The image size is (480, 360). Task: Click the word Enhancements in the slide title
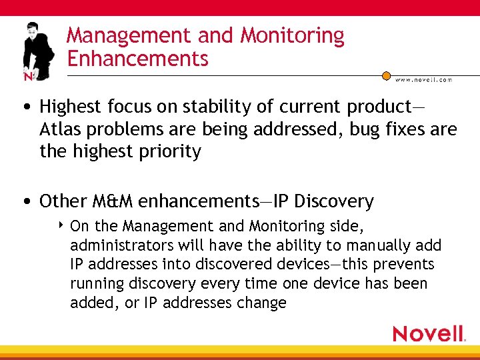(x=138, y=59)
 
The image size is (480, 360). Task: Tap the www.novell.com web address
(x=424, y=80)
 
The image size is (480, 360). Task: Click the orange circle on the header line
(x=387, y=76)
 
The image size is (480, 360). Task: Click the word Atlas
(x=59, y=129)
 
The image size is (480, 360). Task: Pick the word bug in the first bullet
(x=334, y=129)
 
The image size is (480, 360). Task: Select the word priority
(x=169, y=152)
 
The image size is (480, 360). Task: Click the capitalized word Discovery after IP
(x=334, y=201)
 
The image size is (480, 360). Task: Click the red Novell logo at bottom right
(x=428, y=333)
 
